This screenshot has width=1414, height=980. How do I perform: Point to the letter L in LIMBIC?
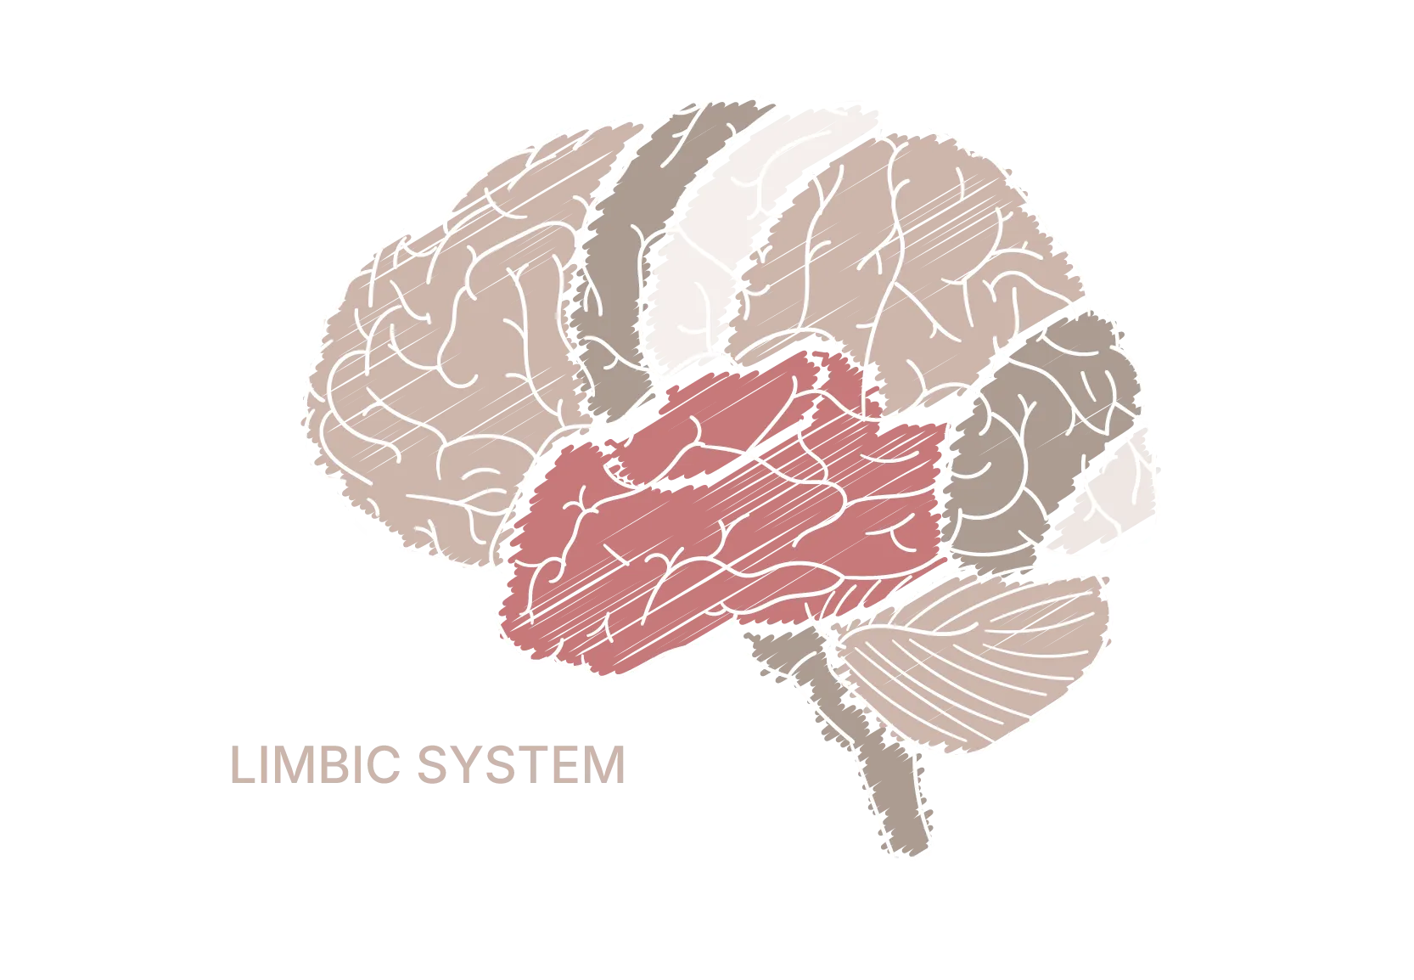[242, 765]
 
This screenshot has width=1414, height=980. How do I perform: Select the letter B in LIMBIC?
[337, 765]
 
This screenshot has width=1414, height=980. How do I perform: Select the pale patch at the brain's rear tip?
[1112, 501]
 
